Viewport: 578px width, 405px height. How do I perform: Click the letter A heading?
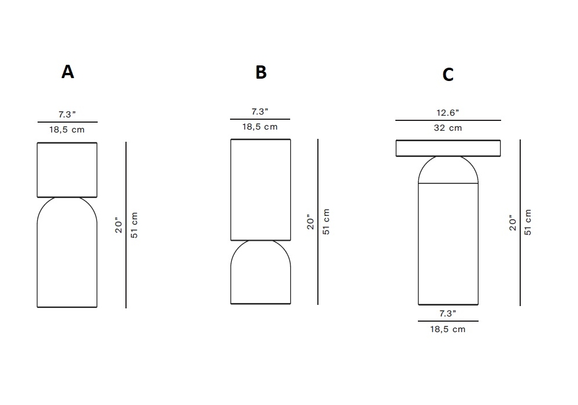(68, 72)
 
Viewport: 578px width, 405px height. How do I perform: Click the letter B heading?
(261, 72)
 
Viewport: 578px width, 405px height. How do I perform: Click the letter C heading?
(448, 75)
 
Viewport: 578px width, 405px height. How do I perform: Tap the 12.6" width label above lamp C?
(448, 112)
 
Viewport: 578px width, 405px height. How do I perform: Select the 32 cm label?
(448, 128)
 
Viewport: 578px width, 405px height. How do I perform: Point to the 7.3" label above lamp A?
(67, 115)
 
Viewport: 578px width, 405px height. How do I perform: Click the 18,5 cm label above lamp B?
(260, 127)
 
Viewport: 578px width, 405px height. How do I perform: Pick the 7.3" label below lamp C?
(448, 314)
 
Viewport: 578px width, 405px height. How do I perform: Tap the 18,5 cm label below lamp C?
(448, 329)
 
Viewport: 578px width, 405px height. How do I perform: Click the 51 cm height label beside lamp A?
(134, 225)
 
